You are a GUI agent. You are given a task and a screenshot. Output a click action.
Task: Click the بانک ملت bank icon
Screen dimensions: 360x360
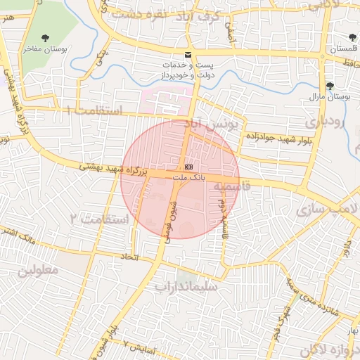[x=188, y=167]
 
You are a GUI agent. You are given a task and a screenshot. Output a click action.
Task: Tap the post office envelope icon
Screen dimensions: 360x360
[x=187, y=54]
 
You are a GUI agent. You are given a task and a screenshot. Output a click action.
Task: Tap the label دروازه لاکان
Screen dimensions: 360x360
[x=328, y=349]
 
